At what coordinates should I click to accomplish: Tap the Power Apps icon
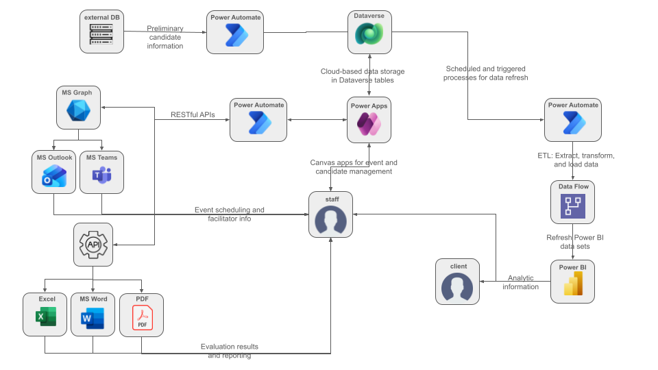(x=369, y=125)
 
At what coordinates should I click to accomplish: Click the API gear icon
(x=93, y=244)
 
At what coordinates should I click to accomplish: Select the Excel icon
(x=45, y=318)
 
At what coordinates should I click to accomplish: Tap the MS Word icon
(x=93, y=318)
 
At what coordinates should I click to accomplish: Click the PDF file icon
(x=142, y=318)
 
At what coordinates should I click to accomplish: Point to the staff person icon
(x=331, y=219)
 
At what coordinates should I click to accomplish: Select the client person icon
(x=458, y=286)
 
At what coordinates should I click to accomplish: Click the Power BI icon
(x=572, y=283)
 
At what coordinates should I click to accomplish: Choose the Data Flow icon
(x=572, y=206)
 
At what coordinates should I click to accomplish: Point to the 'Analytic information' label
(x=520, y=282)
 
